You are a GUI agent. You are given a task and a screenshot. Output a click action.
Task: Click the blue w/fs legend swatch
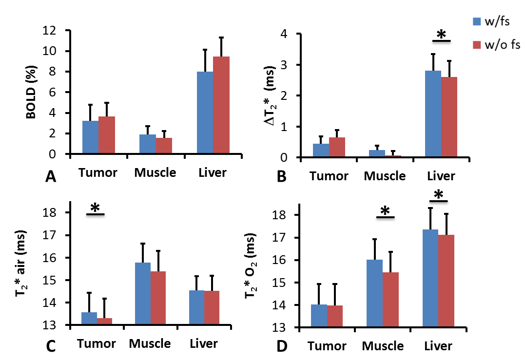tap(477, 21)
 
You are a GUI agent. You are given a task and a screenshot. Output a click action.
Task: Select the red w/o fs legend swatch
tap(477, 45)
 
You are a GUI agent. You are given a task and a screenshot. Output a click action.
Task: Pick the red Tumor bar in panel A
tap(106, 135)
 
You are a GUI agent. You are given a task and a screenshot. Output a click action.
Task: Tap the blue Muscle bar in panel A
tap(148, 144)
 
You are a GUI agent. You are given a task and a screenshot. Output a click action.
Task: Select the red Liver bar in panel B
tap(449, 117)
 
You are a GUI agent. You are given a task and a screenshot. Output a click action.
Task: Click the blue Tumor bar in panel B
tap(321, 151)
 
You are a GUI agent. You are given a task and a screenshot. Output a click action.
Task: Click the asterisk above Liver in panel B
tap(441, 35)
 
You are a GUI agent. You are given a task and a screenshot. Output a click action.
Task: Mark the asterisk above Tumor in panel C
tap(95, 208)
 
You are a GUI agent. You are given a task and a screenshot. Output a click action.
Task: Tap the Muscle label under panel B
tap(385, 176)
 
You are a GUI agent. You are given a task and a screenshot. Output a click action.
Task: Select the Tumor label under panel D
tap(327, 346)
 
